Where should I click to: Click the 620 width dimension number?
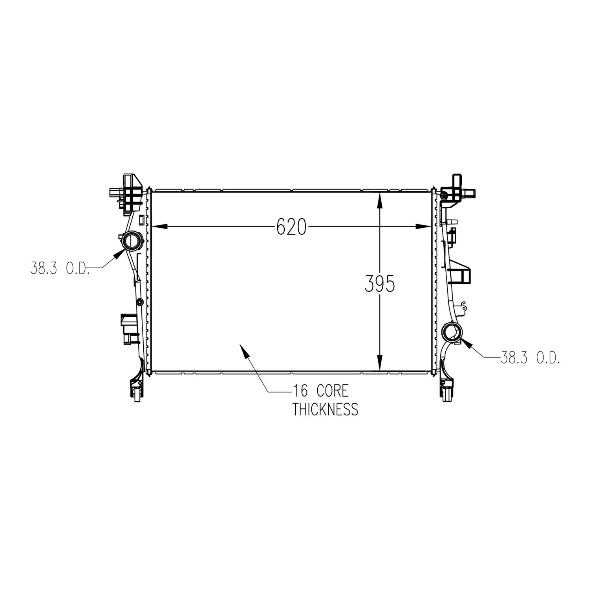[291, 227]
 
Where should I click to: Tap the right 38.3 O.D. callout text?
[530, 358]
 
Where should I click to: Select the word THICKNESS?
[326, 409]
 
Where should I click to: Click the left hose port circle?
[130, 241]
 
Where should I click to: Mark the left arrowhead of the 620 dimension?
[159, 227]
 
